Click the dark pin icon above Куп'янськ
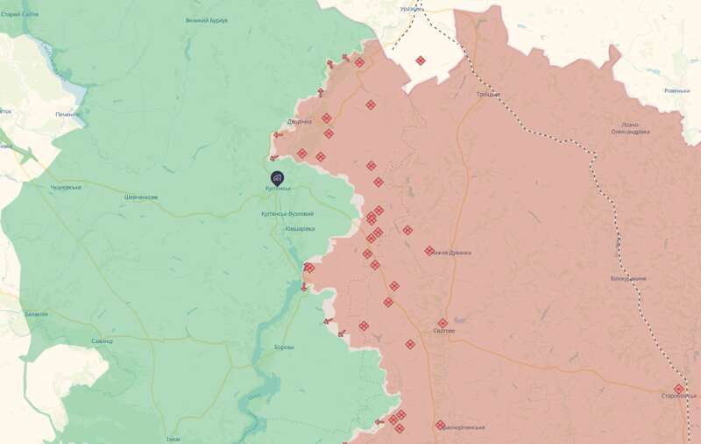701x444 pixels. click(277, 176)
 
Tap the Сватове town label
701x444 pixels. click(444, 331)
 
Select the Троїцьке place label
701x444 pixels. click(489, 94)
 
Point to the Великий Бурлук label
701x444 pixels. click(207, 20)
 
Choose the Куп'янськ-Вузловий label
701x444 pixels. click(287, 213)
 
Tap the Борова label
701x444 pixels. click(284, 347)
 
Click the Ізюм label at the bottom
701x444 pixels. click(173, 439)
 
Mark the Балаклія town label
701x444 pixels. click(37, 313)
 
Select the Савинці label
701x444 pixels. click(102, 340)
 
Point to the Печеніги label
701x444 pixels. click(68, 114)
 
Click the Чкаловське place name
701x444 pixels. click(66, 187)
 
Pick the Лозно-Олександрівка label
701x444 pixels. click(630, 128)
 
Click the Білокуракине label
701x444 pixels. click(628, 278)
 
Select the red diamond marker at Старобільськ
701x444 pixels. click(678, 389)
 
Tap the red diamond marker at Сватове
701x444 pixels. click(443, 323)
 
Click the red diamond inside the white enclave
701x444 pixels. click(421, 61)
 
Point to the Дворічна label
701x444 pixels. click(299, 121)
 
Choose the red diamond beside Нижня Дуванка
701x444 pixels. click(429, 251)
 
